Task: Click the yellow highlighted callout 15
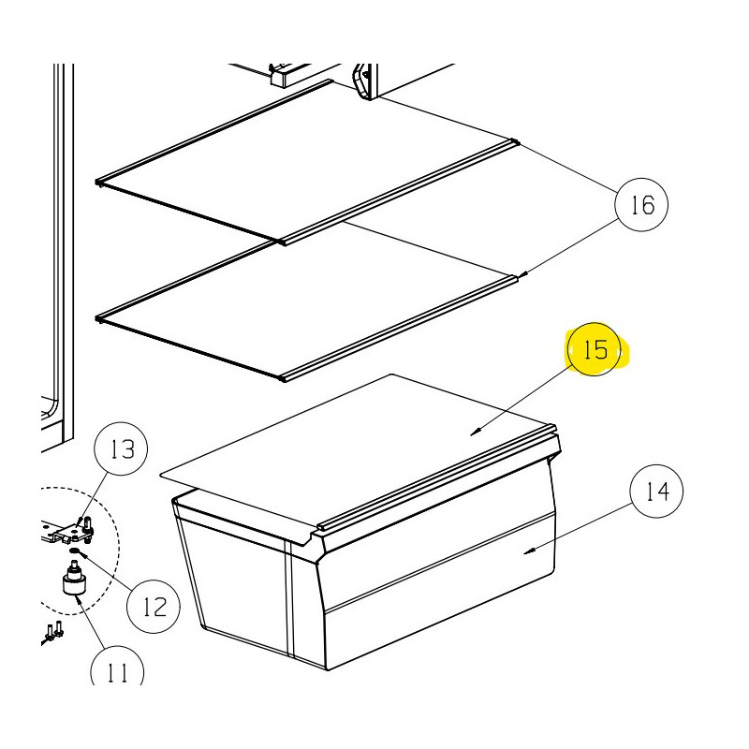click(x=595, y=349)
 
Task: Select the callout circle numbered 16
click(x=641, y=205)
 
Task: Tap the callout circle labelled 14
click(x=657, y=491)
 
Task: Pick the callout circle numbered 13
click(x=122, y=448)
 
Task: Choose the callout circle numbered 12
click(x=154, y=607)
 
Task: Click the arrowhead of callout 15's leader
click(x=475, y=433)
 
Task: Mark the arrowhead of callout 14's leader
click(x=529, y=551)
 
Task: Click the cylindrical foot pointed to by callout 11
click(x=75, y=580)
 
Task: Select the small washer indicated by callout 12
click(x=74, y=551)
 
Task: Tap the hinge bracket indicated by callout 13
click(x=69, y=532)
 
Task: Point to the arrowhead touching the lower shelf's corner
click(x=524, y=274)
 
